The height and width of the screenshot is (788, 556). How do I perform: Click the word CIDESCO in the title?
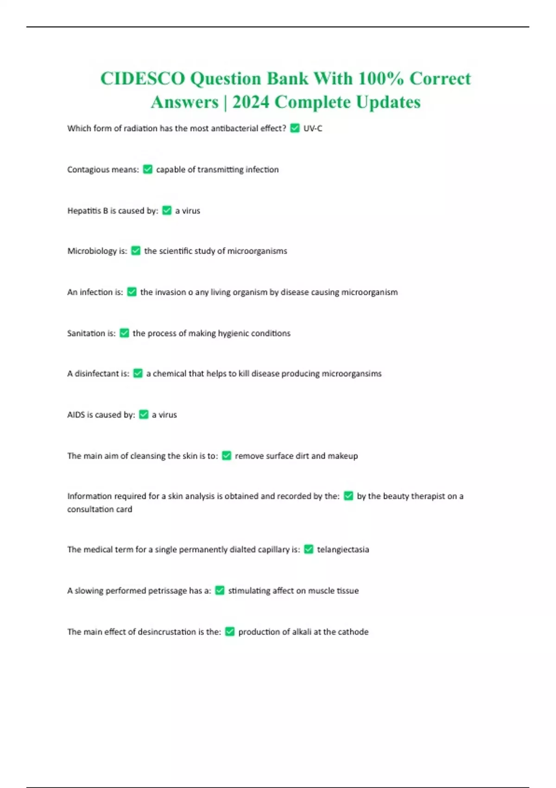coord(142,79)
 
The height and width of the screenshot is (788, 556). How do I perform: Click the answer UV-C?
coord(313,128)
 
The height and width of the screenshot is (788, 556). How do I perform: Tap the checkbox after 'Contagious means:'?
coord(148,170)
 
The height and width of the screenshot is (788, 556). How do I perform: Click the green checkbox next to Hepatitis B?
coord(167,210)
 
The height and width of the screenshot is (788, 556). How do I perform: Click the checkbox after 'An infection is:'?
coord(132,292)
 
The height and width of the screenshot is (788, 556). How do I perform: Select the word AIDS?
coord(76,415)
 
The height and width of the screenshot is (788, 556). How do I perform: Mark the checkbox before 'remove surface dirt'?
coord(227,456)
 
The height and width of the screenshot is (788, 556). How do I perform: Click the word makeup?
coord(343,456)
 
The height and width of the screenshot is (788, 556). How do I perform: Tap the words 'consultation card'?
coord(100,509)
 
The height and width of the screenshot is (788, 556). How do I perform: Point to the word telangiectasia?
coord(343,550)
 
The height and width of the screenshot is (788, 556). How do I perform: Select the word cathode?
coord(354,632)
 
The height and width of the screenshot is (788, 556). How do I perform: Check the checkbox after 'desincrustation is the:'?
coord(230,632)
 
